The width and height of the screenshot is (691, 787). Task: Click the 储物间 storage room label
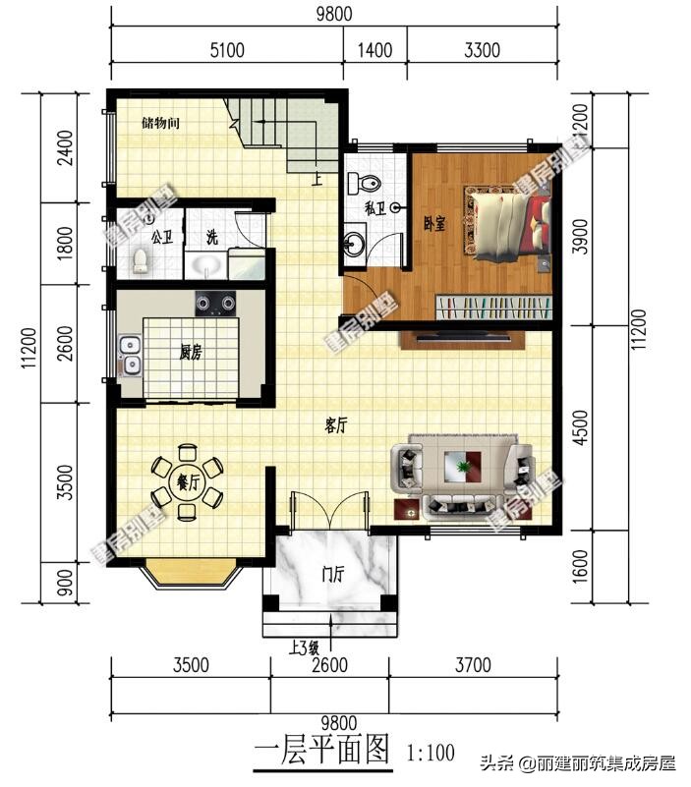click(x=160, y=124)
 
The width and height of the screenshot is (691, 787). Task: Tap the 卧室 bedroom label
click(x=434, y=223)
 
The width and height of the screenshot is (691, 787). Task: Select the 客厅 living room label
click(x=336, y=425)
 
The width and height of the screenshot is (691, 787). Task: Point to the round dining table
click(x=187, y=481)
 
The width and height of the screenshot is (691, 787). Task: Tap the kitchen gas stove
click(x=216, y=303)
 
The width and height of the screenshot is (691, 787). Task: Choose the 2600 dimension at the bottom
click(x=329, y=665)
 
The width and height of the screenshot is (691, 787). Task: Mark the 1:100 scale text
click(x=431, y=754)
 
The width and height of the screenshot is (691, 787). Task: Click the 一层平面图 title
click(x=323, y=753)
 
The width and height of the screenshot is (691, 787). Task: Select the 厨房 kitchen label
click(x=191, y=353)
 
